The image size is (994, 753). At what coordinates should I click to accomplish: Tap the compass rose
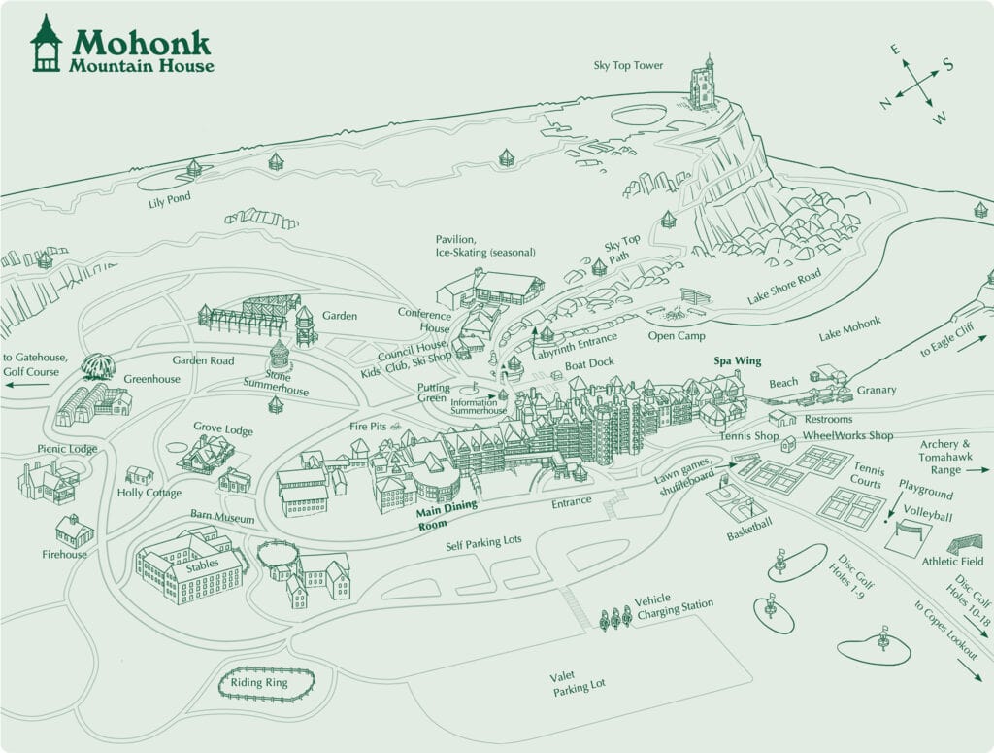(914, 82)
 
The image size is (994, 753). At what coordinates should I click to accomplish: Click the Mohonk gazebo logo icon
(46, 44)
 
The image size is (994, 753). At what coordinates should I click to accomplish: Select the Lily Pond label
(169, 197)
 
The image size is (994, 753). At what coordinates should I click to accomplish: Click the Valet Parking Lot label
(580, 685)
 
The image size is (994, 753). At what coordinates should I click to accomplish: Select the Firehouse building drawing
(74, 531)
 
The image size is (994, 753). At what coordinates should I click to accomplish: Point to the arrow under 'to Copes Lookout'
(968, 671)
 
